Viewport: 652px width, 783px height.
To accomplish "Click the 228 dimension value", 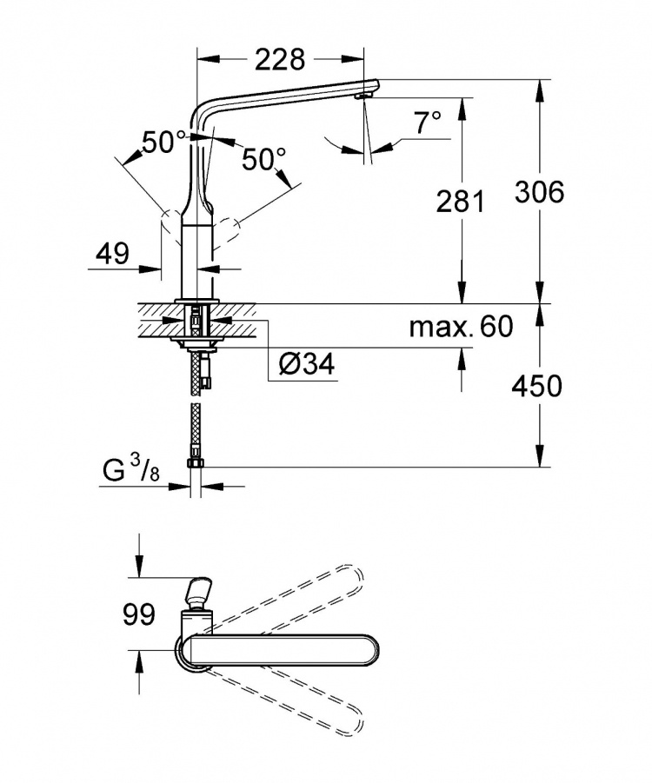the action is (x=280, y=59).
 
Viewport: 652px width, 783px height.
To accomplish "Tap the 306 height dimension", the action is (x=540, y=192).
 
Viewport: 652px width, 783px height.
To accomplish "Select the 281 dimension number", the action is (x=461, y=202).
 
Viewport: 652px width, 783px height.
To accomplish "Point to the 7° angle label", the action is (x=429, y=123).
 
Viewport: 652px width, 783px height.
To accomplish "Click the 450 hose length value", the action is (x=537, y=386).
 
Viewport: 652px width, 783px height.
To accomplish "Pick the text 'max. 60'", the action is (x=461, y=327).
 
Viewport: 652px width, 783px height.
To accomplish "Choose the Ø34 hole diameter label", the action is (x=307, y=364).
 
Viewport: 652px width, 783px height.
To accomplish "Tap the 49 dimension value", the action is (x=112, y=253).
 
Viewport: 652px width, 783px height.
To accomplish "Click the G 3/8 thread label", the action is (x=131, y=470).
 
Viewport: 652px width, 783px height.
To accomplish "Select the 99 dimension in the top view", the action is (x=139, y=614).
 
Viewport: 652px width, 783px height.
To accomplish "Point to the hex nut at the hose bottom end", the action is (x=194, y=463).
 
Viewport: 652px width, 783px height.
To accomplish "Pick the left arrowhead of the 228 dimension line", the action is (x=209, y=59).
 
